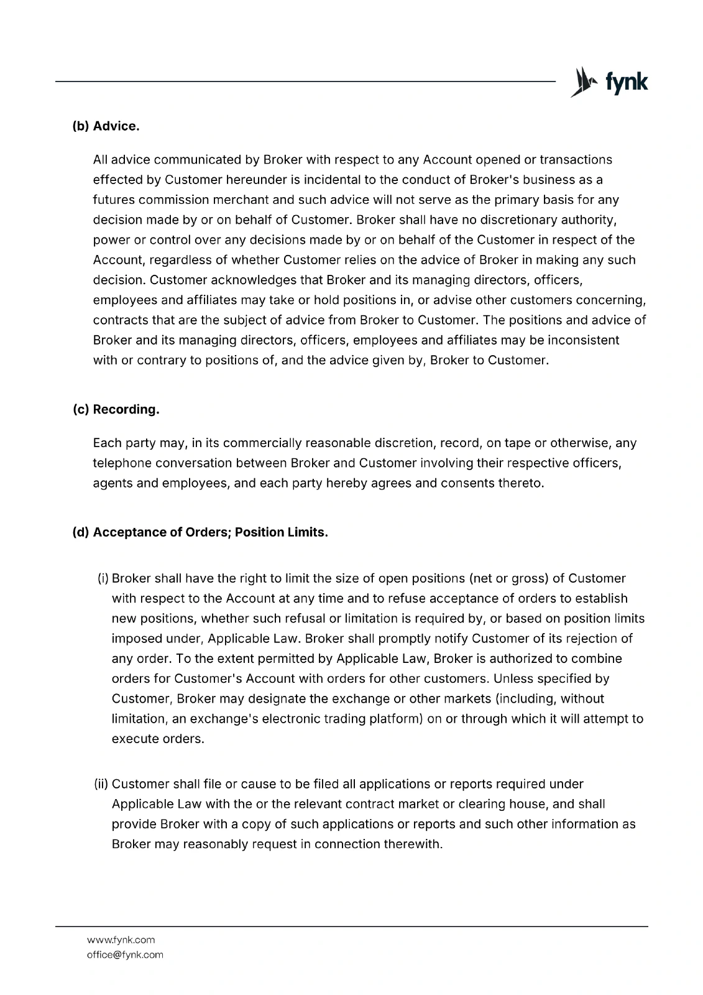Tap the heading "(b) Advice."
[x=106, y=126]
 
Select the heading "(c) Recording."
[x=116, y=410]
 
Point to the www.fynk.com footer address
[x=121, y=940]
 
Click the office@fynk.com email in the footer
[x=125, y=955]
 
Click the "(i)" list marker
[x=103, y=579]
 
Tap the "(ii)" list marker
[x=101, y=784]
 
